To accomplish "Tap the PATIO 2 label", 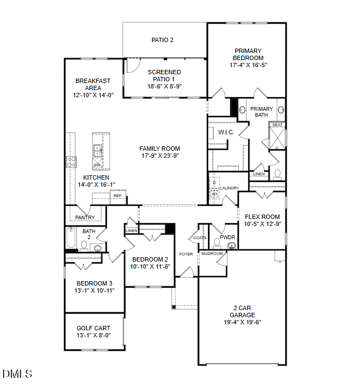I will pyautogui.click(x=163, y=40).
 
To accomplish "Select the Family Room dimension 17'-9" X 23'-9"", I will pyautogui.click(x=159, y=156).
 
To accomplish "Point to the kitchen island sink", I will pyautogui.click(x=97, y=148).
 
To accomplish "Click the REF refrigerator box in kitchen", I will pyautogui.click(x=117, y=195).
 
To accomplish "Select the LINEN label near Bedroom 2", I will pyautogui.click(x=131, y=231).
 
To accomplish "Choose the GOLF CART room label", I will pyautogui.click(x=93, y=328).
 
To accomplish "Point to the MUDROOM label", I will pyautogui.click(x=212, y=254).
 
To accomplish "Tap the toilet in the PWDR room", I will pyautogui.click(x=217, y=243).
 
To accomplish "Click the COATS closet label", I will pyautogui.click(x=199, y=238).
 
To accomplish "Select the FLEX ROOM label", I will pyautogui.click(x=262, y=217).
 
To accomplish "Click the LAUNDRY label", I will pyautogui.click(x=230, y=188).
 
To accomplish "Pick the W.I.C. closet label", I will pyautogui.click(x=226, y=133).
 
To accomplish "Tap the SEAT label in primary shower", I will pyautogui.click(x=277, y=125).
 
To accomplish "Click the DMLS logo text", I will pyautogui.click(x=17, y=374).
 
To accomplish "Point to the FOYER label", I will pyautogui.click(x=186, y=254).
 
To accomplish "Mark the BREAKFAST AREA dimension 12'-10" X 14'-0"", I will pyautogui.click(x=93, y=95).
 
